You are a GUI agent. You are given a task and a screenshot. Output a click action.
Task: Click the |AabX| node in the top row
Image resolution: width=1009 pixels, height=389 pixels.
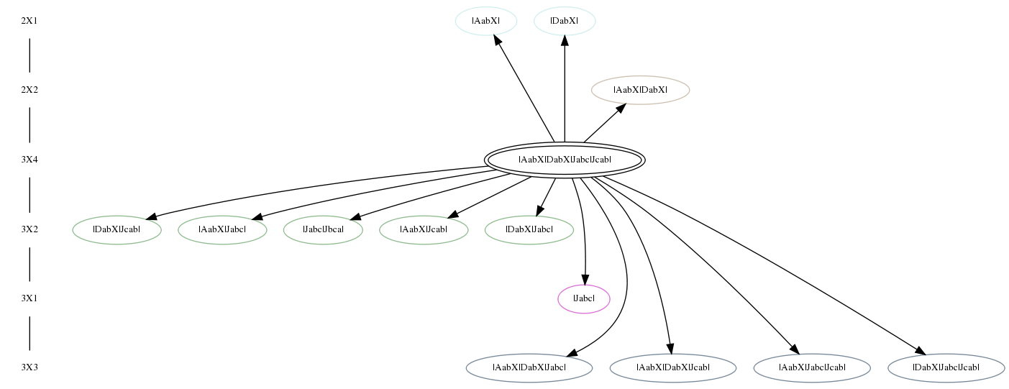(486, 21)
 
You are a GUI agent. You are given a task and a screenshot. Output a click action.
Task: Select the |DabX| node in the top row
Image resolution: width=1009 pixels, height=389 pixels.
(565, 21)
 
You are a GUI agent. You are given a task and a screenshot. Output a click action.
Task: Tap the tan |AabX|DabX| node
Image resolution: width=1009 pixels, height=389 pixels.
(640, 90)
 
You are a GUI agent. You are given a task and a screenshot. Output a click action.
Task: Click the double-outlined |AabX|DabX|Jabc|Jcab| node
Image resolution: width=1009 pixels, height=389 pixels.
(565, 160)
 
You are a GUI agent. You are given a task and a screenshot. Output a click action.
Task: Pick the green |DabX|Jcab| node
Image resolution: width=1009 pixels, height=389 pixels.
(117, 229)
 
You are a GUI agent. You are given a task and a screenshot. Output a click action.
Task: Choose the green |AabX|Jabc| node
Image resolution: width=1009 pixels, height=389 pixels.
(222, 229)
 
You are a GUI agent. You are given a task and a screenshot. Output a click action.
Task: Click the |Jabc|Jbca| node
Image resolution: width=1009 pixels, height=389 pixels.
(323, 229)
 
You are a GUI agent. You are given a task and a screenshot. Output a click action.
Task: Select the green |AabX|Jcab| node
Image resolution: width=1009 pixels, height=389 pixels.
(424, 229)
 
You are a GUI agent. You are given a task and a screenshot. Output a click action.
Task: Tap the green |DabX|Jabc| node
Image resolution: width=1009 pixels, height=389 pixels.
(529, 229)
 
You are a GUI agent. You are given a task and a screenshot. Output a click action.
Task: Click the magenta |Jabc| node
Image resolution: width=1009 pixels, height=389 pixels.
(584, 298)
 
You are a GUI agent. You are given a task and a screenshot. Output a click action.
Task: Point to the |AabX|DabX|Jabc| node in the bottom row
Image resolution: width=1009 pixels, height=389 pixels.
(529, 368)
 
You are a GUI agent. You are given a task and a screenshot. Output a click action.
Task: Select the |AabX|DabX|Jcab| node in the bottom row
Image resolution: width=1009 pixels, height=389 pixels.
(673, 368)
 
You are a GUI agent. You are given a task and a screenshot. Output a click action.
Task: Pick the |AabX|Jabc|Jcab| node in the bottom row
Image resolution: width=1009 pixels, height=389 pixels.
(812, 368)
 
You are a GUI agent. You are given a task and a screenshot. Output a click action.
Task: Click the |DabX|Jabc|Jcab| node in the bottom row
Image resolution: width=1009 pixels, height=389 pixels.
(946, 368)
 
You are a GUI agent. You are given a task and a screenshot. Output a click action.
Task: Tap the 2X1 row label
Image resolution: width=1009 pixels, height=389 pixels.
(29, 21)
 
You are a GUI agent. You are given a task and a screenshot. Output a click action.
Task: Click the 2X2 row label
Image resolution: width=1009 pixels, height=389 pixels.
(29, 90)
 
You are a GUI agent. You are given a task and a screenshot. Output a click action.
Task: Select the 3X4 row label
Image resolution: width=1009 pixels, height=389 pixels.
(29, 160)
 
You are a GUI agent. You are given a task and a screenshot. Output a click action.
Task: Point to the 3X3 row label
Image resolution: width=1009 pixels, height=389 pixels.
(29, 368)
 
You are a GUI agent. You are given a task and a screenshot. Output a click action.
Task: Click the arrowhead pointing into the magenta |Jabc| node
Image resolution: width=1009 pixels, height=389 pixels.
(585, 280)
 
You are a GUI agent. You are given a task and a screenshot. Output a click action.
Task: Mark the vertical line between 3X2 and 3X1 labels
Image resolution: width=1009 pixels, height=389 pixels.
(29, 265)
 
